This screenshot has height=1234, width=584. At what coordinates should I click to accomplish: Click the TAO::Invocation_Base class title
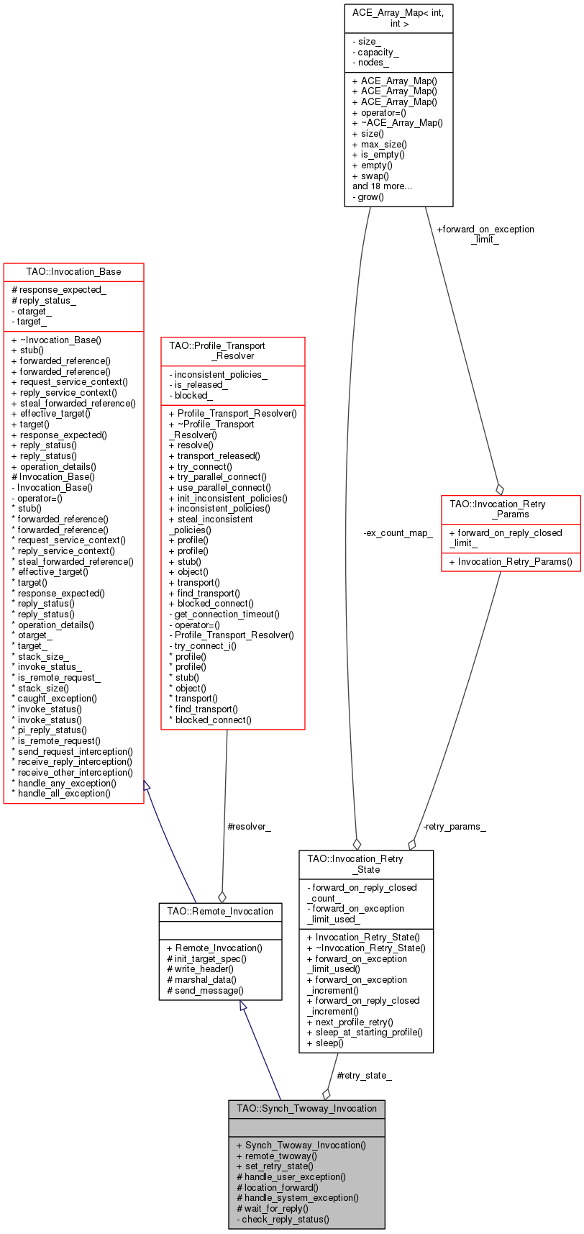[x=73, y=272]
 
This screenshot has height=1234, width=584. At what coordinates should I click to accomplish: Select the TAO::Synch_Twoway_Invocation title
[x=306, y=1108]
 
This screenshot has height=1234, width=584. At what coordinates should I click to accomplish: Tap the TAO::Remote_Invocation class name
[x=220, y=911]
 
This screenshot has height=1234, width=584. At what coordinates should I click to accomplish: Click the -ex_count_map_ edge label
[x=398, y=533]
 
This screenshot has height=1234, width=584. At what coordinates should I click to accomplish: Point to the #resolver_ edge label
[x=249, y=827]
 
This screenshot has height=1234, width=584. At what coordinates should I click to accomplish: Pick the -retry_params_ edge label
[x=454, y=827]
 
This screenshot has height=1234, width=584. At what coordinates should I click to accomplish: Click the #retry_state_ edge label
[x=364, y=1075]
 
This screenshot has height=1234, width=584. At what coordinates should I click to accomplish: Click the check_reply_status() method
[x=286, y=1219]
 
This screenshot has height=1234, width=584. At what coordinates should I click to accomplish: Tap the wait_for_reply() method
[x=276, y=1208]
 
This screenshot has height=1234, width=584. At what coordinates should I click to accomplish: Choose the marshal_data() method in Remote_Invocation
[x=205, y=979]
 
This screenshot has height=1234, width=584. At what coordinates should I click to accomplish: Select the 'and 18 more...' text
[x=382, y=186]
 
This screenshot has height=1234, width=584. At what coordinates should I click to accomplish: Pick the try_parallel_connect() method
[x=222, y=476]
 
